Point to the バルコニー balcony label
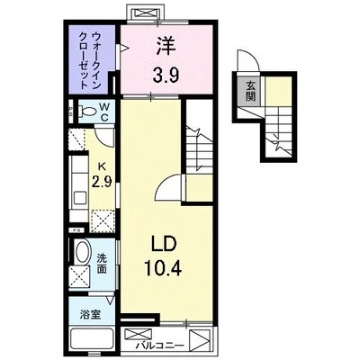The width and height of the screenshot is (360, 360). point(161,342)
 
